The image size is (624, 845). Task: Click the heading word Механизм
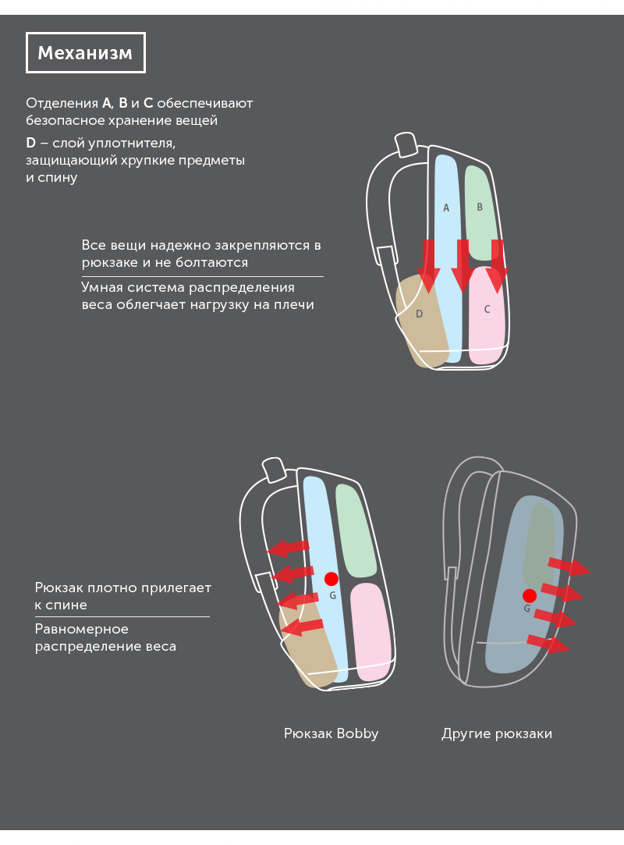point(85,53)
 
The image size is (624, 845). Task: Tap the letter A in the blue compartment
point(446,208)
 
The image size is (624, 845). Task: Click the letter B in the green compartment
point(480,207)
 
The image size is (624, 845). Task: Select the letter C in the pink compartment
point(487,309)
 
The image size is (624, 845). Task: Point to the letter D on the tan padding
point(419,314)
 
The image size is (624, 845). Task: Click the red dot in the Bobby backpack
point(331,579)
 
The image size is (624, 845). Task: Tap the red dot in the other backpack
point(530,595)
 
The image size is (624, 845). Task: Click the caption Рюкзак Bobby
point(331,733)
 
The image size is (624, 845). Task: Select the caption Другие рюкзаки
point(497,733)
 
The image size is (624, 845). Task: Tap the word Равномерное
point(81,629)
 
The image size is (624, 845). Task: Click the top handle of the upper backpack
point(406,144)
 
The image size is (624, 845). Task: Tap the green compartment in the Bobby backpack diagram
point(356,531)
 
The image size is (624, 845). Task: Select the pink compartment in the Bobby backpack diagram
point(371,631)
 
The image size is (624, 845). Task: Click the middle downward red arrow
point(463,266)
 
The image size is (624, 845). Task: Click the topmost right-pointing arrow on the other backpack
point(569,566)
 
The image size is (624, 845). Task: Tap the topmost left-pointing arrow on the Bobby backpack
point(289,548)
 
